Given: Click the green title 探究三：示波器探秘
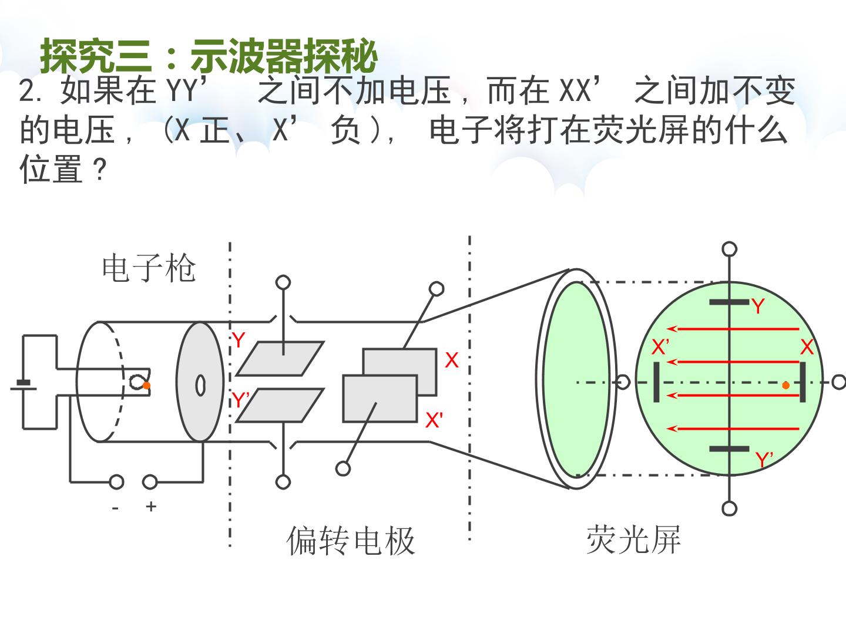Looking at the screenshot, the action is [209, 56].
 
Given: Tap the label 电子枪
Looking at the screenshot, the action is [149, 268].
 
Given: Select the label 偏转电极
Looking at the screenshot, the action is [350, 541].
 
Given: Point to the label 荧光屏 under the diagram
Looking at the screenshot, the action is [633, 539].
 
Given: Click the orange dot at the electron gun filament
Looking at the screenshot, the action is [146, 385].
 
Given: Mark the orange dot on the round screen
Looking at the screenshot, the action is [786, 385].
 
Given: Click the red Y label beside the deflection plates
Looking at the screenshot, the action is [239, 340].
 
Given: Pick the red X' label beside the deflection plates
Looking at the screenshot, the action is [434, 420].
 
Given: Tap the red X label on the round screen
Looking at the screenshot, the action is [807, 347].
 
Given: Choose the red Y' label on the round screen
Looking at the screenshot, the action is [764, 460].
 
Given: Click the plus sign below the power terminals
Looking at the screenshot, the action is [151, 507].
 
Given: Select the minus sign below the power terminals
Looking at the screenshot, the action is [115, 508].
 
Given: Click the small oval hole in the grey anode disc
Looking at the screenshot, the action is [200, 385].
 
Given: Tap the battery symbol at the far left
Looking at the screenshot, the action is [23, 385].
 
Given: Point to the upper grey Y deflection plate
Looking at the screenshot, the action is [280, 358].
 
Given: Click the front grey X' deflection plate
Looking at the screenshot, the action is [380, 399].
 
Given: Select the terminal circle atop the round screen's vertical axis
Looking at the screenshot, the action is [729, 249].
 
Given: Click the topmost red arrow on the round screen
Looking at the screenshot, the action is [733, 329].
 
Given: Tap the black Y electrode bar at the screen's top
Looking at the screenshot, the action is [729, 302].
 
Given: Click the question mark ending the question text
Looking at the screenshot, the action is [100, 170].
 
